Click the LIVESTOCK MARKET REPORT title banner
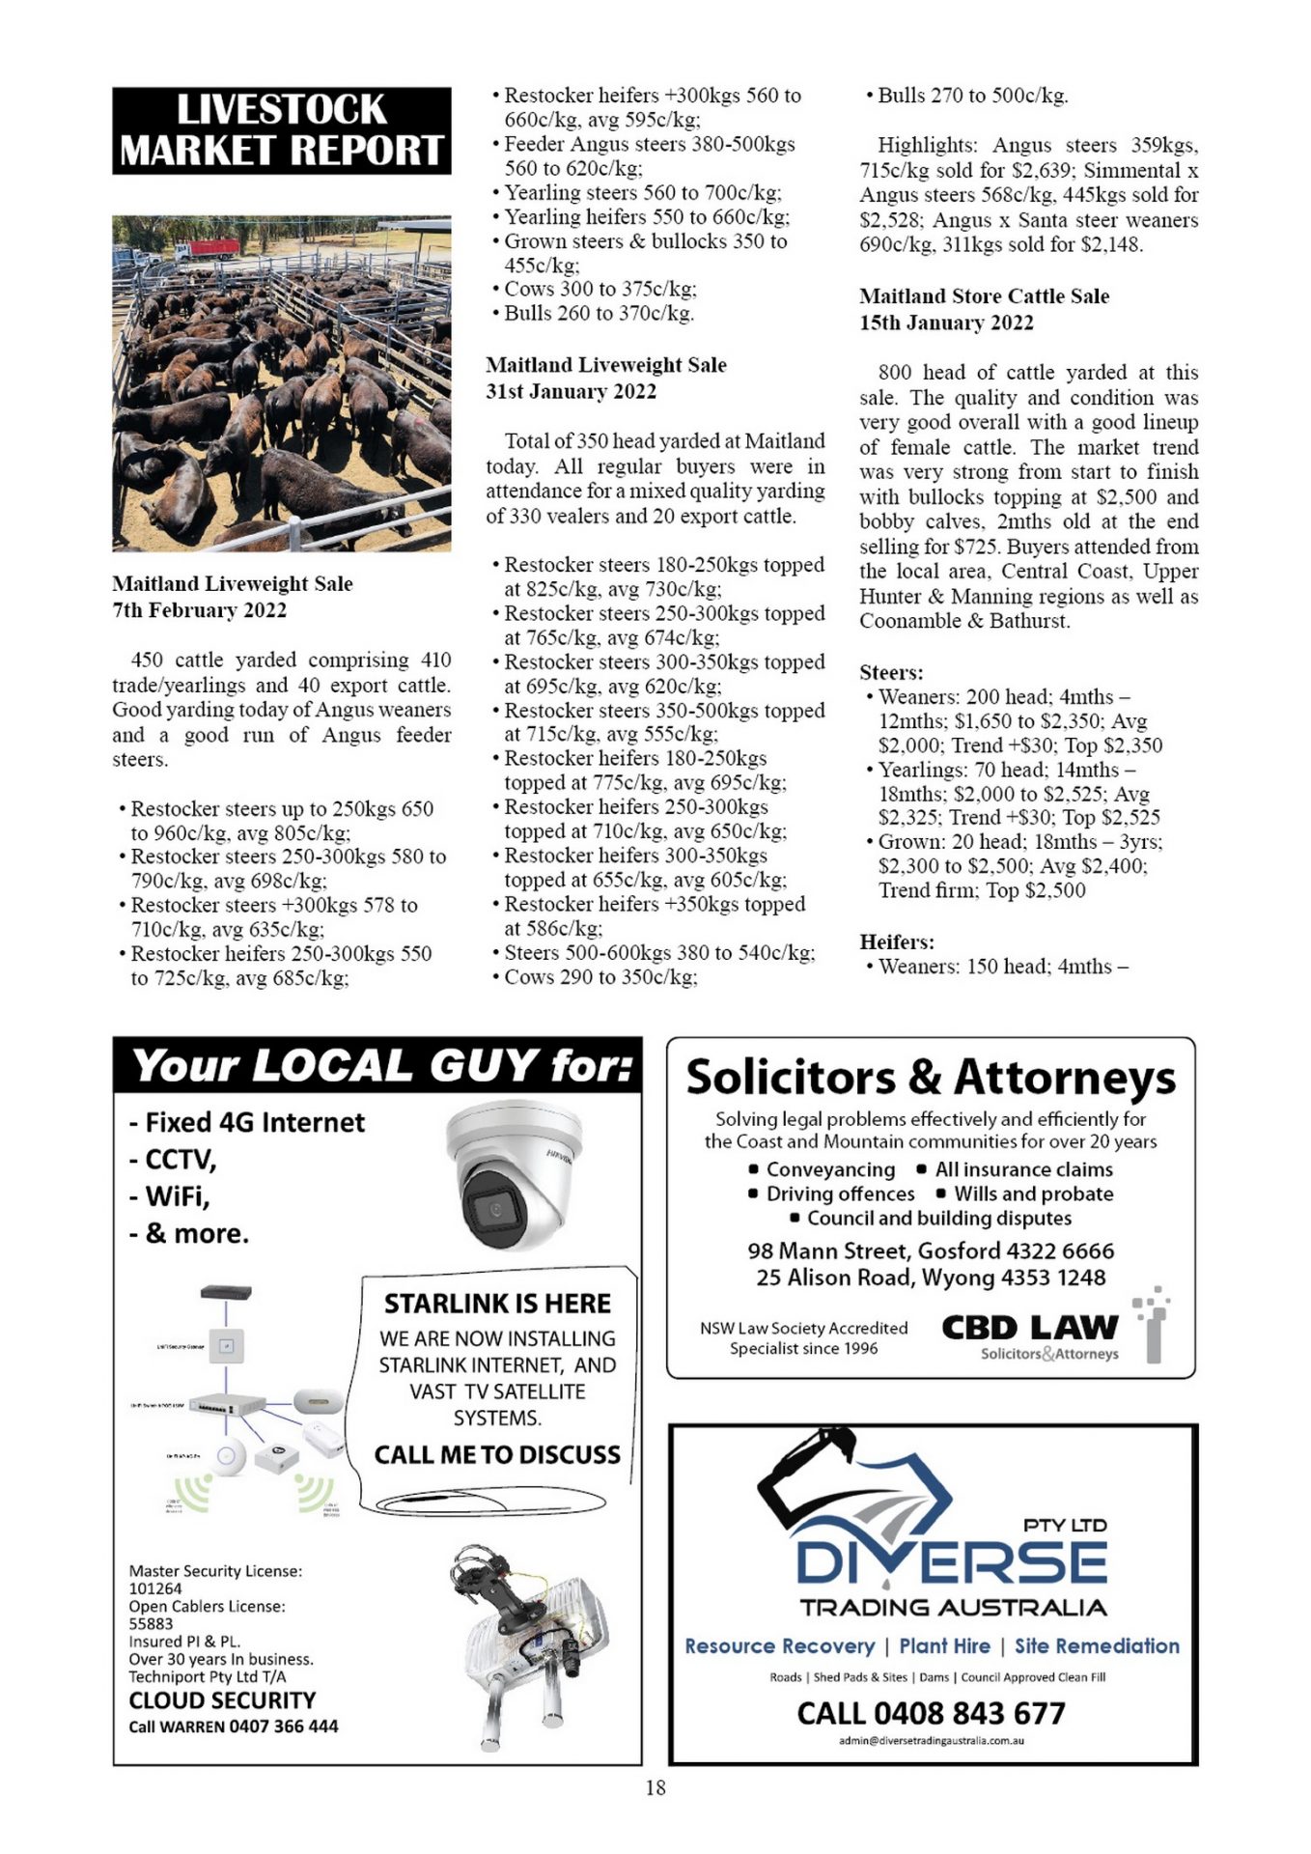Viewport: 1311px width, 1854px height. [x=281, y=131]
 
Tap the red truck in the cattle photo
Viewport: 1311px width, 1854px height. [x=211, y=250]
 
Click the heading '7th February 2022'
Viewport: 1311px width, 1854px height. [x=199, y=610]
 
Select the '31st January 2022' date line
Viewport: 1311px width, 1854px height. [x=571, y=391]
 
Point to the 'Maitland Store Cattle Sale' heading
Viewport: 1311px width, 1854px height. [x=984, y=296]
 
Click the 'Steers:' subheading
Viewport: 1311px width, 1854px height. [x=891, y=672]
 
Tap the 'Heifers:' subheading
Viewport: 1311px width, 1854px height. [x=897, y=941]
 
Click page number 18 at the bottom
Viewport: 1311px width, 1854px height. [x=655, y=1787]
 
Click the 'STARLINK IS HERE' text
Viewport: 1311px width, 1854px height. [x=497, y=1304]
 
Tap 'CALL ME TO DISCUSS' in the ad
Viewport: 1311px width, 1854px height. [x=497, y=1454]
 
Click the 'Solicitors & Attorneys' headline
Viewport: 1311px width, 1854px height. [x=931, y=1078]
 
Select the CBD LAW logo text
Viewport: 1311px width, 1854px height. [x=1029, y=1328]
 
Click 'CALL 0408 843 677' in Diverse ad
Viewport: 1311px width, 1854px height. [x=931, y=1713]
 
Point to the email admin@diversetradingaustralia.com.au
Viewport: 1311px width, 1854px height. [x=931, y=1740]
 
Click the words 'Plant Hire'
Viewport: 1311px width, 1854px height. [x=944, y=1645]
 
